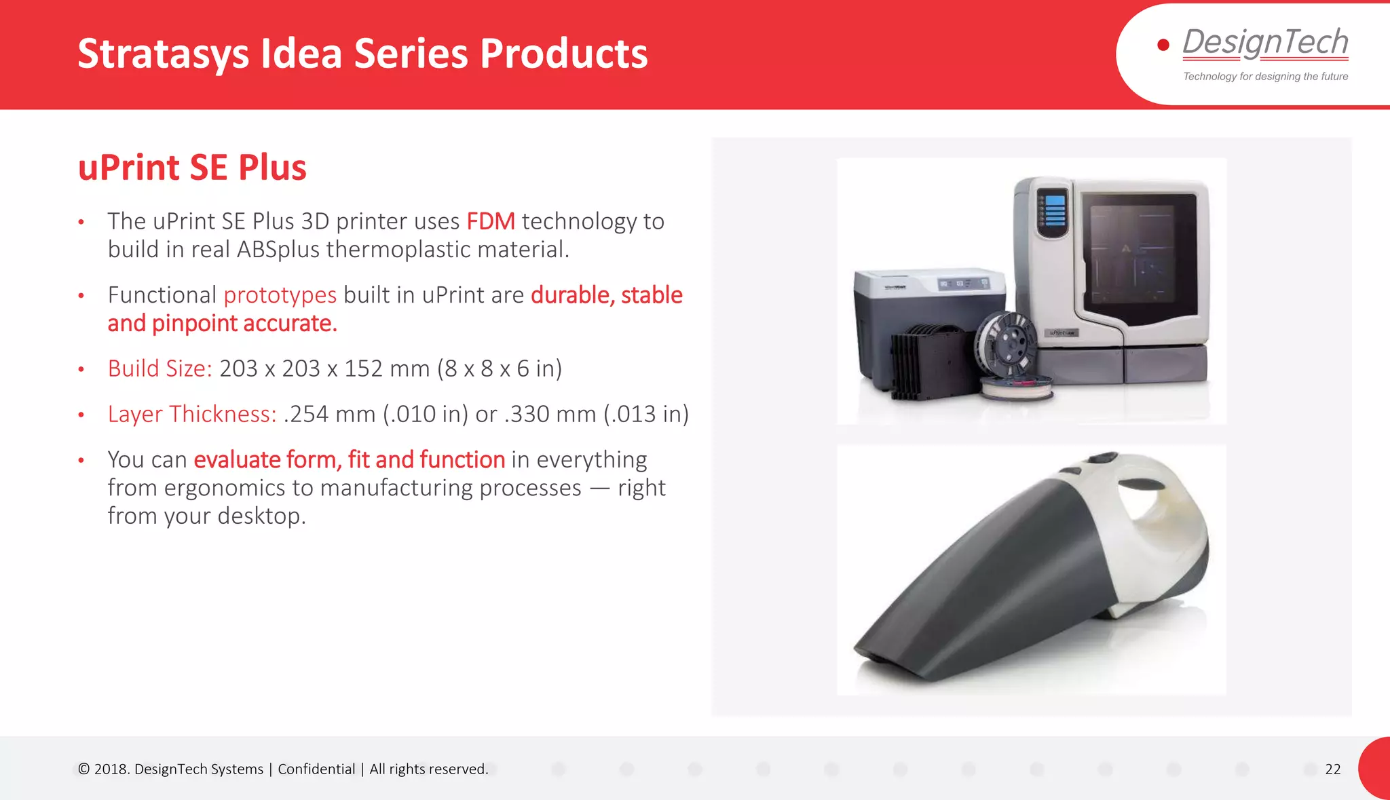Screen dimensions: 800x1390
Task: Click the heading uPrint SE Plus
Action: (192, 168)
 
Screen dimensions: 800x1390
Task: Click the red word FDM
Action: (490, 221)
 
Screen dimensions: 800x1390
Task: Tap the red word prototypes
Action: (280, 295)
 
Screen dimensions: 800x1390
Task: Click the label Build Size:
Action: (159, 368)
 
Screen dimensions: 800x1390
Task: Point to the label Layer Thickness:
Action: (192, 414)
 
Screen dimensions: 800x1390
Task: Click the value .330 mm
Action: (550, 414)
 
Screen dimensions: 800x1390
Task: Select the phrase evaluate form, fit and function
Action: (349, 459)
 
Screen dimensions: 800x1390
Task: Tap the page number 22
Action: (1332, 769)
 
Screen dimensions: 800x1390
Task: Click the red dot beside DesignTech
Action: (1163, 45)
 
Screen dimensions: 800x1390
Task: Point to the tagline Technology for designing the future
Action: (1265, 77)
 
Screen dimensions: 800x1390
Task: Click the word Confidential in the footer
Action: (316, 769)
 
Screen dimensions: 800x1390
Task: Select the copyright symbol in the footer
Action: (83, 769)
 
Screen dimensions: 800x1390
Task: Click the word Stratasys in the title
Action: (163, 54)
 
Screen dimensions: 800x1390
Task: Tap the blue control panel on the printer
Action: (1054, 211)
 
